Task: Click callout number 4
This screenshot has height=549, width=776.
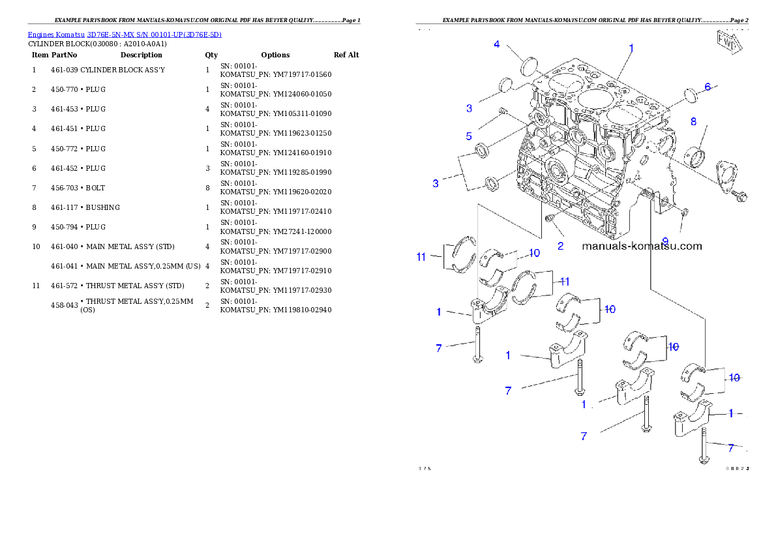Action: tap(497, 44)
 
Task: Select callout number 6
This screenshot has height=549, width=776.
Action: tap(707, 87)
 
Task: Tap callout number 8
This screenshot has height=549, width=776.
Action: tap(693, 121)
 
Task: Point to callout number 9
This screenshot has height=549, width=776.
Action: tap(665, 241)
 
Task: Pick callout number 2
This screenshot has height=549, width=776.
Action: tap(560, 246)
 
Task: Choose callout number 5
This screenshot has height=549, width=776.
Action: tap(469, 136)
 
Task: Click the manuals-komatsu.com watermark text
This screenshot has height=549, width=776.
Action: tap(642, 246)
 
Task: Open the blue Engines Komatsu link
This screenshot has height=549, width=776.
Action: tap(125, 35)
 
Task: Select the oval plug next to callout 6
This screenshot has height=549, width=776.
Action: tap(691, 96)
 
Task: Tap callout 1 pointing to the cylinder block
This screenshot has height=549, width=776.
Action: tap(631, 48)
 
